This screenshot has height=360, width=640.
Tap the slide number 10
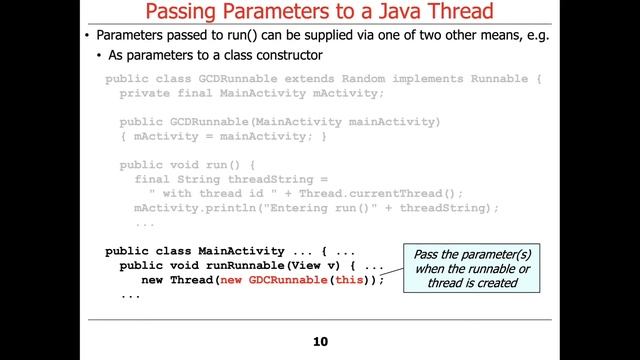[320, 342]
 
